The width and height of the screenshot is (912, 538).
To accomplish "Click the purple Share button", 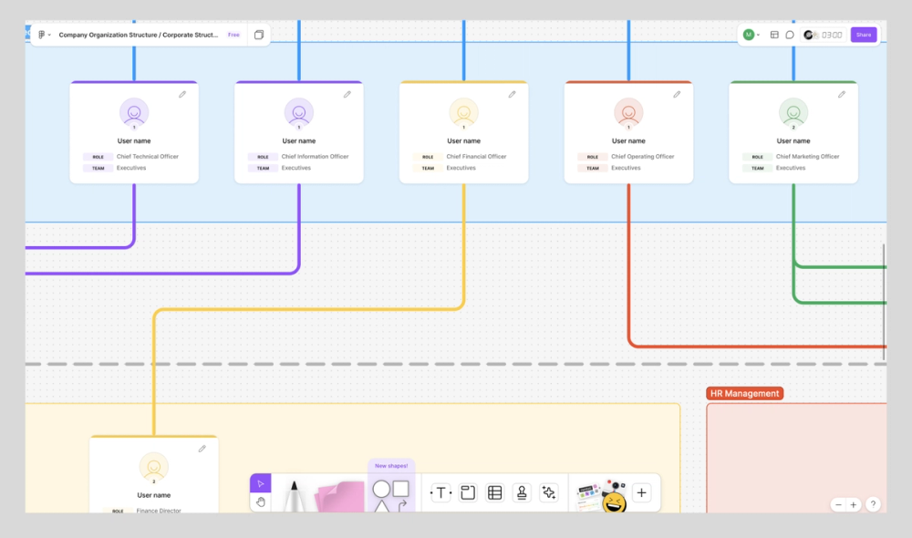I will click(x=863, y=35).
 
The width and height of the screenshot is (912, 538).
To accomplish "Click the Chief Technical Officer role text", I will click(x=148, y=157).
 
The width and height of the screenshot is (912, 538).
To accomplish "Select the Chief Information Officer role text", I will click(x=315, y=157).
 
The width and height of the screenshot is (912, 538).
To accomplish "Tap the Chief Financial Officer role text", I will click(x=476, y=157).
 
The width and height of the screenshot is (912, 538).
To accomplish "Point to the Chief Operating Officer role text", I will click(x=643, y=157).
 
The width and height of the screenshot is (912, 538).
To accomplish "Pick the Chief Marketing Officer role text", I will click(x=807, y=157).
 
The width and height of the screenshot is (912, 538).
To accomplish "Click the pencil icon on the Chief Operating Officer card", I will click(x=677, y=94).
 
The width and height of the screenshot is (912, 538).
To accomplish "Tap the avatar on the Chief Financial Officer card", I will click(x=463, y=112).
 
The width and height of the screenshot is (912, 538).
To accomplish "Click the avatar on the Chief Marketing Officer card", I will click(x=793, y=112).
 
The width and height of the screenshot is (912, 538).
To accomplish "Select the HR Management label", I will click(x=744, y=394).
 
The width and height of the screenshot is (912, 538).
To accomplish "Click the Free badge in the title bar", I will click(x=233, y=35).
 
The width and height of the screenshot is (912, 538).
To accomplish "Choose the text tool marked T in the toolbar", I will click(x=441, y=493).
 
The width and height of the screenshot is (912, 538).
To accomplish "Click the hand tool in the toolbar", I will click(x=261, y=502).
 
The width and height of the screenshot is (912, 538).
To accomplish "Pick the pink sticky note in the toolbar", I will click(x=339, y=498).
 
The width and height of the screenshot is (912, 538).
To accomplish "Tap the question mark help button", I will click(x=873, y=504).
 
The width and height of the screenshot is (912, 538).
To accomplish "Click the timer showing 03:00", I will click(x=831, y=35).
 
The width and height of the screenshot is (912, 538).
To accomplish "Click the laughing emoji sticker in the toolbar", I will click(x=614, y=502).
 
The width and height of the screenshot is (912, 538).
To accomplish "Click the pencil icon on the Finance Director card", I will click(x=202, y=449).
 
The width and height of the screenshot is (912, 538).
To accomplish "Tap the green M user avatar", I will click(x=748, y=35).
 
